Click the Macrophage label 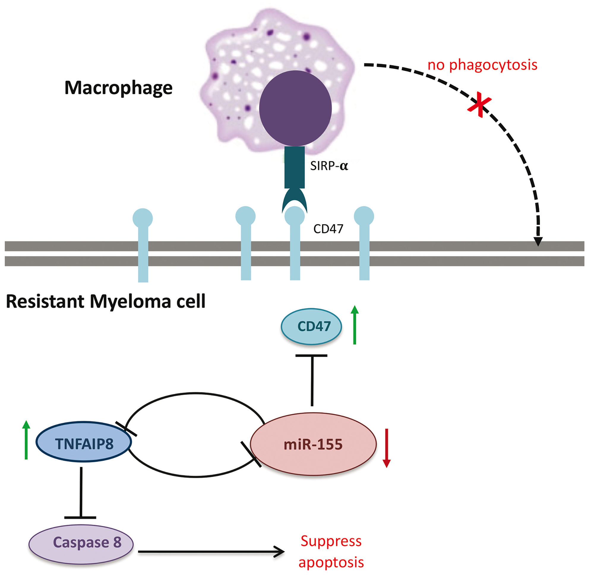(119, 88)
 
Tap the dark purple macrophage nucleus (295, 108)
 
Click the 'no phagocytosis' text (482, 65)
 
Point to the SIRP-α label (329, 166)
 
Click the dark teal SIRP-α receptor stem (294, 167)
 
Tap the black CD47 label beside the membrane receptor (328, 229)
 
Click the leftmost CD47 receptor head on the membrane (143, 218)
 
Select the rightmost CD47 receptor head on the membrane (364, 216)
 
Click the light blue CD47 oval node (312, 326)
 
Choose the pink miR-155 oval (313, 444)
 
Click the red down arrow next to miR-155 (386, 448)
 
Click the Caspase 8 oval (81, 542)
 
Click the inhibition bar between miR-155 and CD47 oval (312, 356)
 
